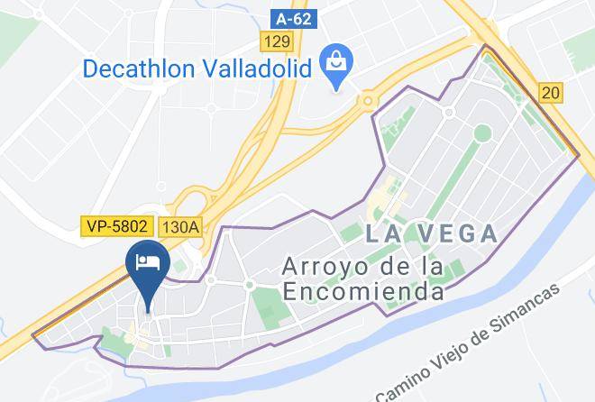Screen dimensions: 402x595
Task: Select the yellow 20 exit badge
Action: pyautogui.click(x=550, y=91)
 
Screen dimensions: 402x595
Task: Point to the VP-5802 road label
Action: pyautogui.click(x=117, y=226)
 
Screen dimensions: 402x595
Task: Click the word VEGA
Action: pyautogui.click(x=459, y=234)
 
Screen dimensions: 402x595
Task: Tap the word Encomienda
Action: pyautogui.click(x=363, y=291)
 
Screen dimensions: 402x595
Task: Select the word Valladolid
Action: pyautogui.click(x=255, y=68)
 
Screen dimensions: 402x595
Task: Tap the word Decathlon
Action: pyautogui.click(x=136, y=68)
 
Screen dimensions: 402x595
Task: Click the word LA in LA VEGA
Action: pyautogui.click(x=383, y=234)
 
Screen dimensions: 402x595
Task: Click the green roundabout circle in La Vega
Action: pyautogui.click(x=482, y=132)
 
